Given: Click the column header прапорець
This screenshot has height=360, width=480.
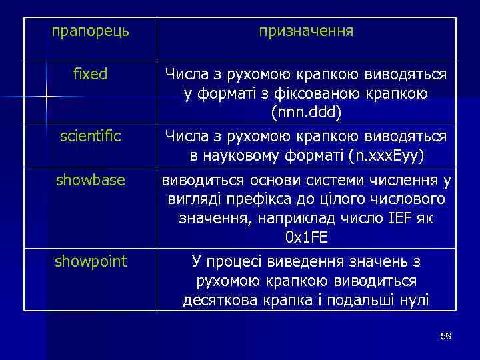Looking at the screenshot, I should coord(91,31).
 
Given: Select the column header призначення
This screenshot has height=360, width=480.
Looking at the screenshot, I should coord(307,31).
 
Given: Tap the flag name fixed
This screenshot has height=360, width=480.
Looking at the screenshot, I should coord(90,74).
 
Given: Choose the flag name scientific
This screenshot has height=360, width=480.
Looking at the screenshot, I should coord(90,137).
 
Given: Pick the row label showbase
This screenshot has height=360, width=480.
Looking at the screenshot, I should coord(90,179).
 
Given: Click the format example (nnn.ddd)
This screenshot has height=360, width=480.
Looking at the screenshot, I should coord(306,113).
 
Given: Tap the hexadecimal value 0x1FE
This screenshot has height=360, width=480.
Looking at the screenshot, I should coord(306,238).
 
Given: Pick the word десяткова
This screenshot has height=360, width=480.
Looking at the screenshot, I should coord(220,301).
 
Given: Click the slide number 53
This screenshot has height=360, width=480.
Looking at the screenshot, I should coord(447,337).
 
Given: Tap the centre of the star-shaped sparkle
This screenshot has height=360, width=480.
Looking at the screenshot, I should coord(46,97).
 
